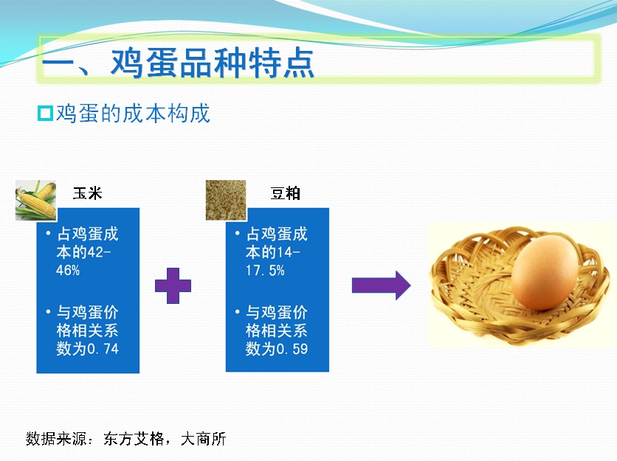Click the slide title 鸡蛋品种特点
213,63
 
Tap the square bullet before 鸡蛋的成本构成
45,114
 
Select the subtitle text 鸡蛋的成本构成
133,114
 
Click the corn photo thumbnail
36,200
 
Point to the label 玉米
88,193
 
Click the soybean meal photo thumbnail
226,200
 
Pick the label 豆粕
286,193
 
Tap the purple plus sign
173,285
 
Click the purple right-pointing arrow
382,285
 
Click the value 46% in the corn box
68,270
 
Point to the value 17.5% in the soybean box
265,270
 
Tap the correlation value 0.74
103,348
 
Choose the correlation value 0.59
292,348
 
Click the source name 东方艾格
134,439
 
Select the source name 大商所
204,439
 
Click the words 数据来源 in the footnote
56,439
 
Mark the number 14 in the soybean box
284,252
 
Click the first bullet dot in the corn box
48,234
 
